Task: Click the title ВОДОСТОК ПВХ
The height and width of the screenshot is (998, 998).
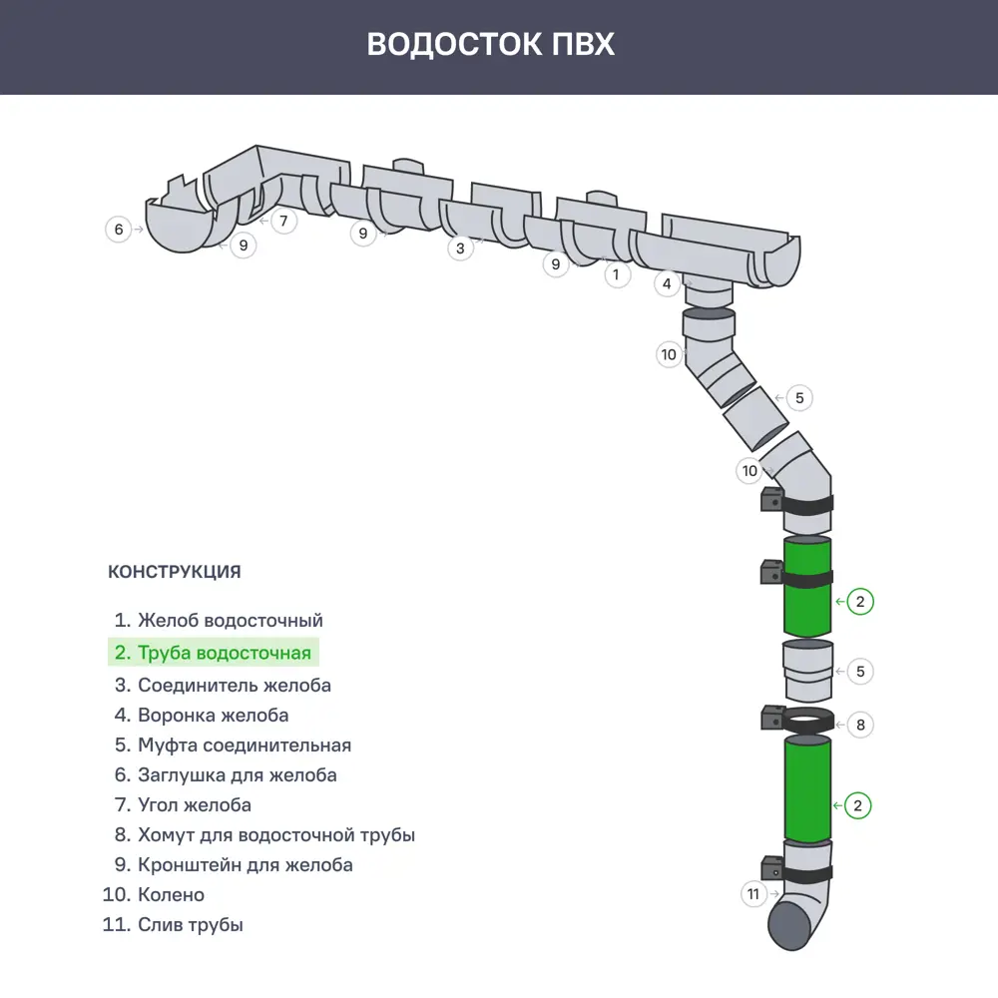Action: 490,45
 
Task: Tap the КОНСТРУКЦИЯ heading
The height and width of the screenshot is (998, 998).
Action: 174,572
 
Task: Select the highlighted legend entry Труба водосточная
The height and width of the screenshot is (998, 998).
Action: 214,653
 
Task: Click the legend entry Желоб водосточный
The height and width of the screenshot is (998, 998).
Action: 220,621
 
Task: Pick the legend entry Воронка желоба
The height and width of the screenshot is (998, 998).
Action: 202,715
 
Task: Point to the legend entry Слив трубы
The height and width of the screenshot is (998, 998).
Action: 174,924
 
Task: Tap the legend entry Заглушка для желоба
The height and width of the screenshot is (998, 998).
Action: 226,774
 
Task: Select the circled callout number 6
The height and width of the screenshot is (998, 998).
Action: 119,230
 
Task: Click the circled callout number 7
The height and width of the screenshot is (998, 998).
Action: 283,220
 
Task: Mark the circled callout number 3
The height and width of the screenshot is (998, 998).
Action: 459,248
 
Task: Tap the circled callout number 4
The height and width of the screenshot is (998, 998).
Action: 668,284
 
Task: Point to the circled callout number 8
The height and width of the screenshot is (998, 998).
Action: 859,725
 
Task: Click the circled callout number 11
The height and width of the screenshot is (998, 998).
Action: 753,894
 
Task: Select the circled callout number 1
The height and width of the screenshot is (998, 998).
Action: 617,273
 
